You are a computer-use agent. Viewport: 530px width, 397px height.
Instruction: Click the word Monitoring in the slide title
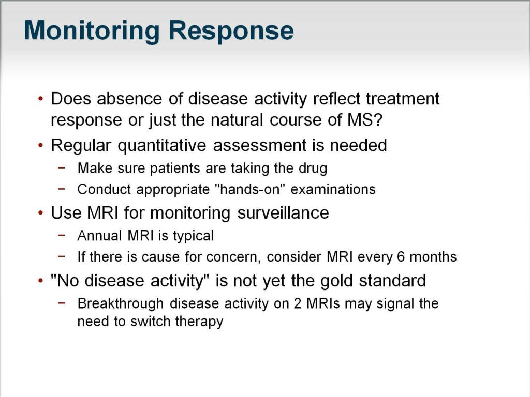(x=91, y=32)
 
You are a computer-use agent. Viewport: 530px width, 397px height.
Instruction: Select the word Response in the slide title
(x=231, y=32)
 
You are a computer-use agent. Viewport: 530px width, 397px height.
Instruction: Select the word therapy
(x=199, y=322)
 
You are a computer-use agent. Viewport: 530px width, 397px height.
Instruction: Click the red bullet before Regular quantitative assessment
(x=41, y=146)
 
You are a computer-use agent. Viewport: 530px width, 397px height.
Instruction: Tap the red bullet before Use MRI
(x=41, y=213)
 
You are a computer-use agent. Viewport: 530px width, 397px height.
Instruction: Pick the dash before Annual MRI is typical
(x=62, y=236)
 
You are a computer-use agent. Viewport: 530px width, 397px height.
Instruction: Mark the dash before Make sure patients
(x=62, y=168)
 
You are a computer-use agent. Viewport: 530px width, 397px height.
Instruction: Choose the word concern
(x=237, y=256)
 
